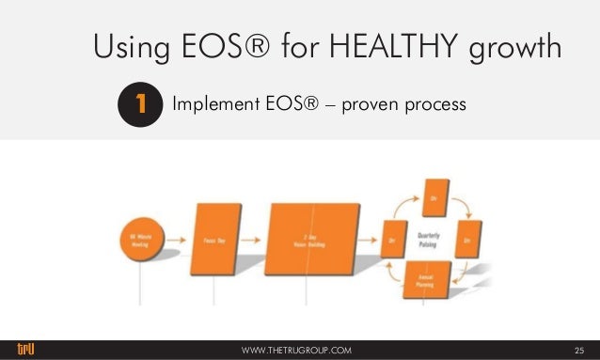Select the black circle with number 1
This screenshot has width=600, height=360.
click(x=138, y=105)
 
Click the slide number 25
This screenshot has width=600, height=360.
click(x=578, y=351)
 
